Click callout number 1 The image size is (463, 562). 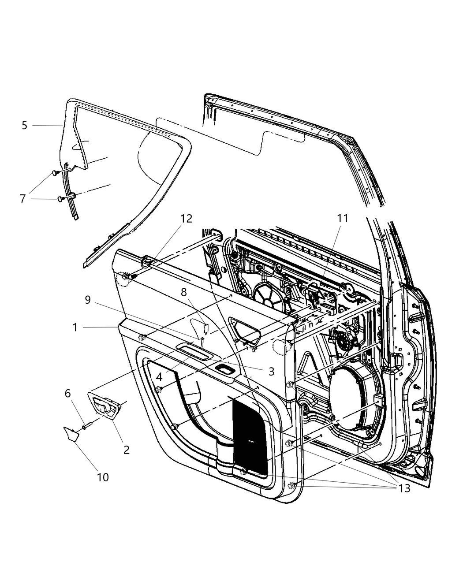pyautogui.click(x=75, y=328)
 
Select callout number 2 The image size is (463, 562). pyautogui.click(x=127, y=450)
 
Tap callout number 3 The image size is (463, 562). pyautogui.click(x=271, y=372)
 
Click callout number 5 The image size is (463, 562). pyautogui.click(x=25, y=125)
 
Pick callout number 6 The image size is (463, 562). pyautogui.click(x=68, y=393)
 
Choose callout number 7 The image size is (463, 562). pyautogui.click(x=23, y=198)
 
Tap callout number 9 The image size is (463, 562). pyautogui.click(x=88, y=300)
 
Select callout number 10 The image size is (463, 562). pyautogui.click(x=103, y=477)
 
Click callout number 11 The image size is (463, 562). pyautogui.click(x=343, y=218)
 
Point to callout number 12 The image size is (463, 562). pyautogui.click(x=187, y=219)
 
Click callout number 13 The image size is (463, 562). pyautogui.click(x=404, y=488)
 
